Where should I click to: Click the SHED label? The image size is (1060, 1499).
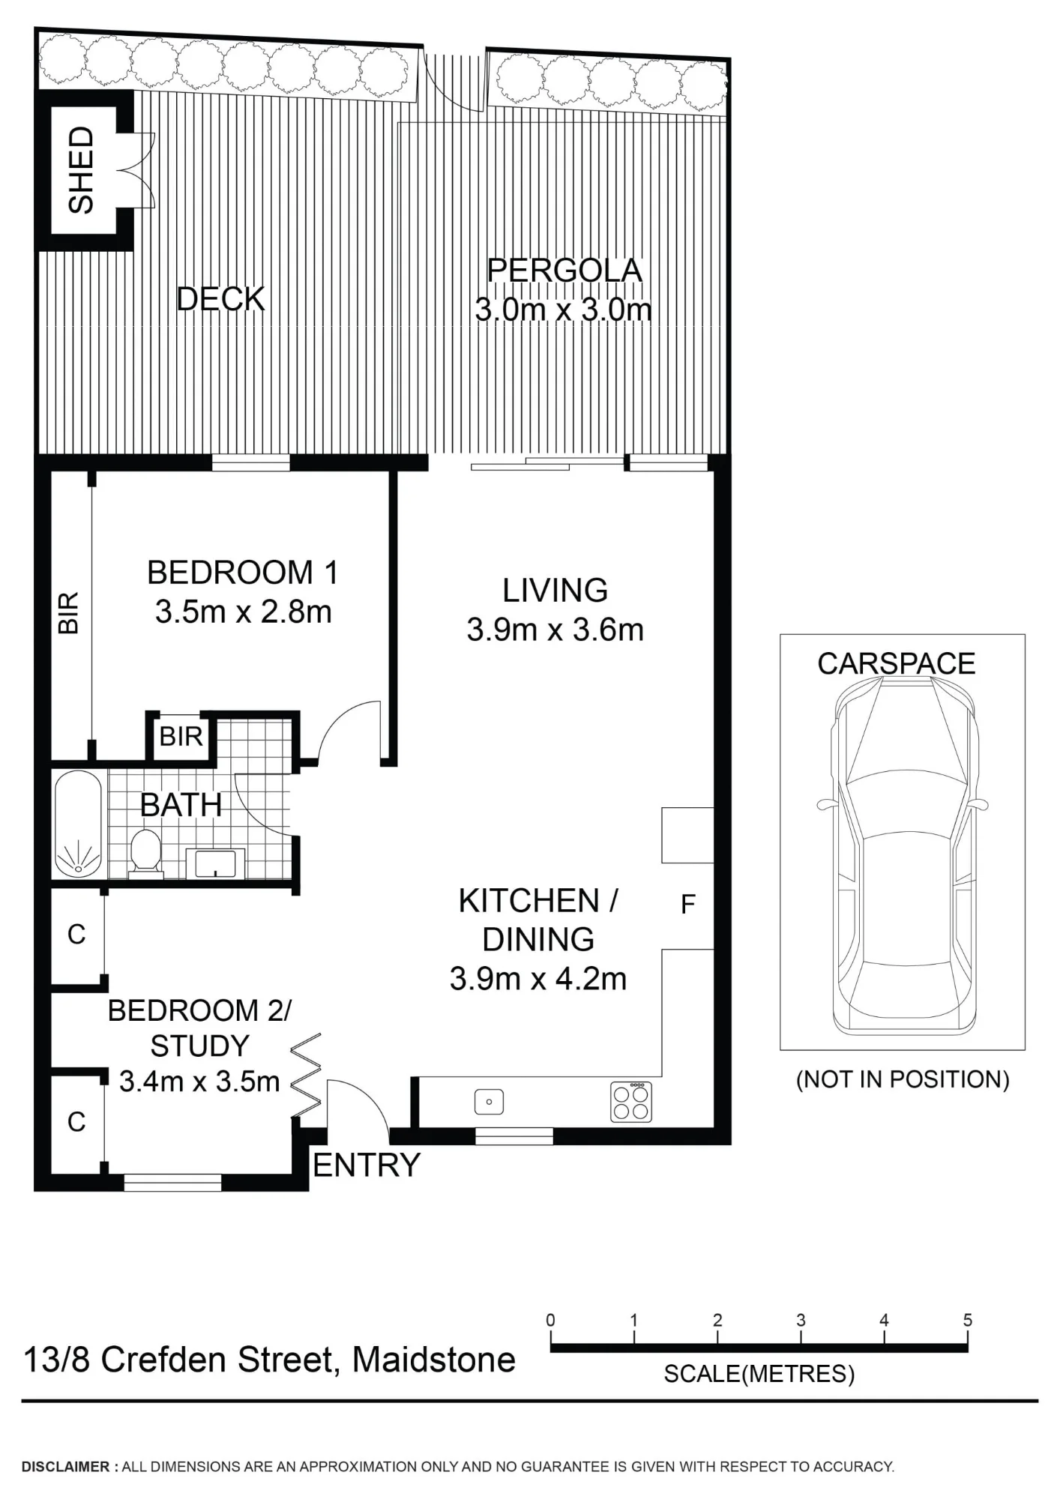81,169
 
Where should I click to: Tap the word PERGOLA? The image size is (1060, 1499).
564,271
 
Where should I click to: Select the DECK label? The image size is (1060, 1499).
220,299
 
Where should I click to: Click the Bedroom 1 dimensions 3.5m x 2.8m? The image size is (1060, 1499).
244,612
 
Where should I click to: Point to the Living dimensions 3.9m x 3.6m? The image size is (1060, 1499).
555,630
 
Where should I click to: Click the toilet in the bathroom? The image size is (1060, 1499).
146,854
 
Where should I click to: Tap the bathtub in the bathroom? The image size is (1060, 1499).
77,824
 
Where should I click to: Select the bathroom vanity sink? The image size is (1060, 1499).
215,863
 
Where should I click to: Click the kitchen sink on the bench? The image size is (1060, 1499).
489,1102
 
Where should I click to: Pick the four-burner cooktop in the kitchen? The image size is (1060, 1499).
631,1101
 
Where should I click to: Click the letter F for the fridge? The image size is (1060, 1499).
687,905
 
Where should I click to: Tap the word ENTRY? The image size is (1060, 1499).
367,1165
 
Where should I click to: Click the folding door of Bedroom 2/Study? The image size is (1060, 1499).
306,1074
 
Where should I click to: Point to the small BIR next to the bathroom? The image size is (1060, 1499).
181,737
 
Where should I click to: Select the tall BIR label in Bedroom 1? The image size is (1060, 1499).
68,613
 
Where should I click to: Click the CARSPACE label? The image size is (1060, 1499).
897,663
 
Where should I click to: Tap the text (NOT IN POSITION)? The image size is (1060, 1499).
903,1079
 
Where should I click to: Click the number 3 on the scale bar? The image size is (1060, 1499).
801,1320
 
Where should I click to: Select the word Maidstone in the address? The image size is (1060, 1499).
434,1360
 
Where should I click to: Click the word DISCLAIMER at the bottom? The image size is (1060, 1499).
66,1467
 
